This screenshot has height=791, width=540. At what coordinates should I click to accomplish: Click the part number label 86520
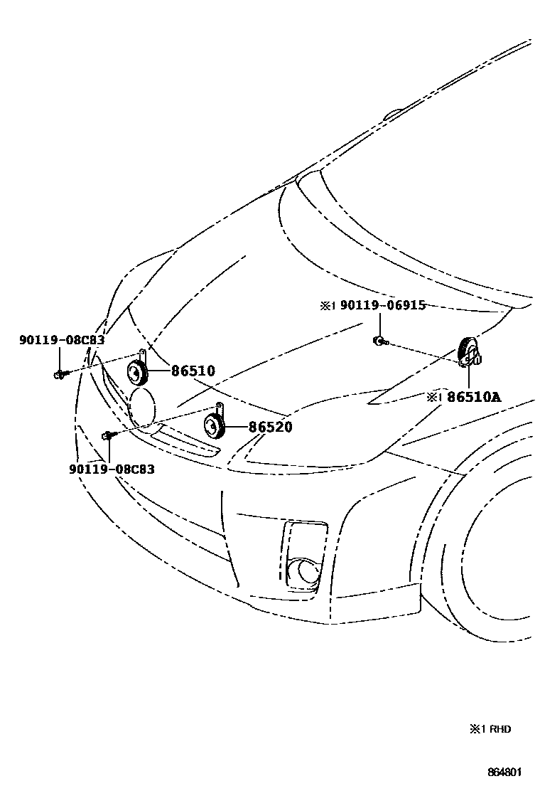click(x=270, y=427)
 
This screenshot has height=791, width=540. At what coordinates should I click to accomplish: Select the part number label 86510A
click(x=474, y=397)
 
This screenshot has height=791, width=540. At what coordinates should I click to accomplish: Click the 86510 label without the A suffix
click(x=192, y=371)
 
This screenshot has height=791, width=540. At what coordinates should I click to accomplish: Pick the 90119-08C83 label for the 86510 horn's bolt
click(x=62, y=340)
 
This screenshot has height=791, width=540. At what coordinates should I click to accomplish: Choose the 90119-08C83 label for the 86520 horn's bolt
click(x=112, y=469)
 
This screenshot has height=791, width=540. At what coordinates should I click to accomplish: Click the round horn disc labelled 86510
click(x=136, y=371)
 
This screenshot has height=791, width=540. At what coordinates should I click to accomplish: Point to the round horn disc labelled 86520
click(x=214, y=427)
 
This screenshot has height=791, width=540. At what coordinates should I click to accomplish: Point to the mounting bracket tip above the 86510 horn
click(x=142, y=352)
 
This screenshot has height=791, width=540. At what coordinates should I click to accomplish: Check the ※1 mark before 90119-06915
click(x=326, y=305)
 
